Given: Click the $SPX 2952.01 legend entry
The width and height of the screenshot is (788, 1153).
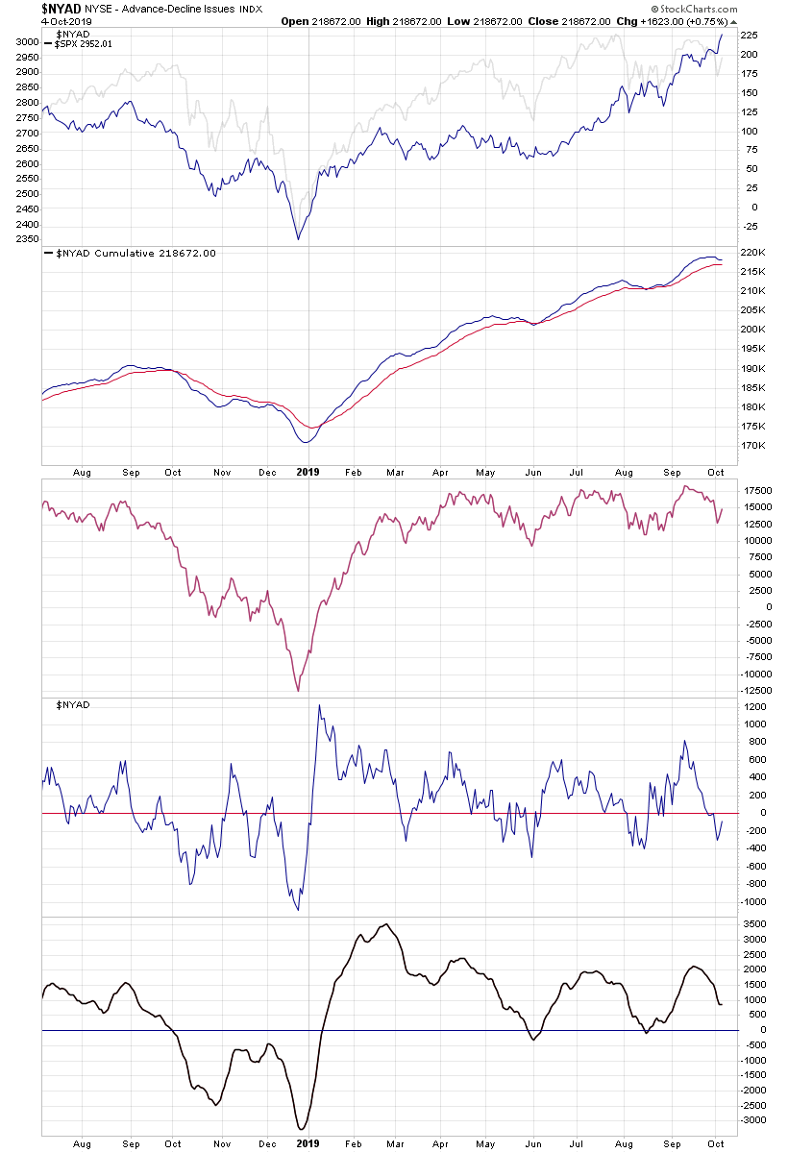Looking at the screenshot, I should pos(86,44).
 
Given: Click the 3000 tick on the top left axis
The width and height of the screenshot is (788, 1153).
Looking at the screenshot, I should pos(27,42).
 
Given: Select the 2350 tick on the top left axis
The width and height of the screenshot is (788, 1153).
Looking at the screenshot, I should pos(27,239).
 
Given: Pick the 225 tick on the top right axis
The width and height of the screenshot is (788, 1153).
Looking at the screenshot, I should pos(750,36).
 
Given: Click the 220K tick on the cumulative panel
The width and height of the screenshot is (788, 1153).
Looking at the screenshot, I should pos(752,253).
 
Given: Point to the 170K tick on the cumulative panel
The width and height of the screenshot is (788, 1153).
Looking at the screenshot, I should pos(752,446).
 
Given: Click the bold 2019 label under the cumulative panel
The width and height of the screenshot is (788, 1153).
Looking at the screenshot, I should pos(308,473).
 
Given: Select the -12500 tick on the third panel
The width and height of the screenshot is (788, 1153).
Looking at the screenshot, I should pos(756,691).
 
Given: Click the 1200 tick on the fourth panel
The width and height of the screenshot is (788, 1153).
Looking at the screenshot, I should pos(753,707).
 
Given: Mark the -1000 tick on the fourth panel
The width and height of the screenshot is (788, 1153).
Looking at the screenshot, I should pos(753,902).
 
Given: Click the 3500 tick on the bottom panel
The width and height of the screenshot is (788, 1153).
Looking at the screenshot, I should pos(753,924).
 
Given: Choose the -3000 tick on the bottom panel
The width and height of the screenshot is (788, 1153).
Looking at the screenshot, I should pos(753,1120).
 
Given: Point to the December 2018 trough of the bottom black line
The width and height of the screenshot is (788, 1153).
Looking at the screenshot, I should pos(302,1129).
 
